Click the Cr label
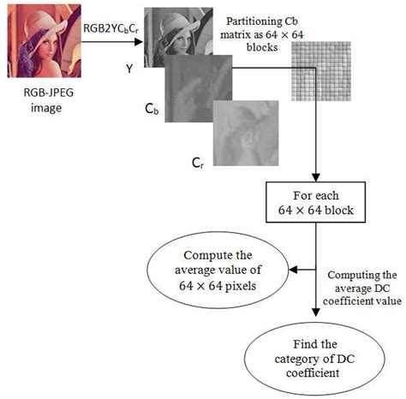[x=198, y=160]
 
